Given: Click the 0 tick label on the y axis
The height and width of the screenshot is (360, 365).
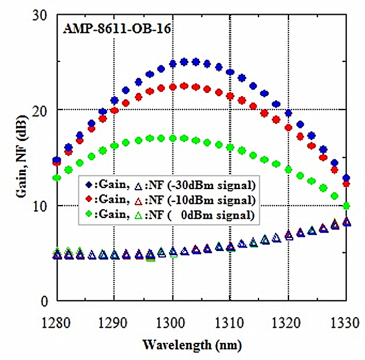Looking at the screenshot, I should (44, 301).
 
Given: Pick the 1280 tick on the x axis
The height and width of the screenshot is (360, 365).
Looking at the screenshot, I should (57, 322).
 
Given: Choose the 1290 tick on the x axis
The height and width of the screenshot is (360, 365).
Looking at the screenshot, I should (114, 322).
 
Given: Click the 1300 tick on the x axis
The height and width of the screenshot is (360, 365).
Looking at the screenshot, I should (172, 322).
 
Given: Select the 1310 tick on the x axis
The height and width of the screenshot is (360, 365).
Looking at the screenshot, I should (230, 322).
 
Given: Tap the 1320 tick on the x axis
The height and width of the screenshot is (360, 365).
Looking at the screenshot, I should (288, 322).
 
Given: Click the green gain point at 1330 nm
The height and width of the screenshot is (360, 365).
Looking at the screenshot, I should (346, 206).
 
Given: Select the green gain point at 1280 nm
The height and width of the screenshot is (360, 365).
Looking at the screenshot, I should (57, 177).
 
